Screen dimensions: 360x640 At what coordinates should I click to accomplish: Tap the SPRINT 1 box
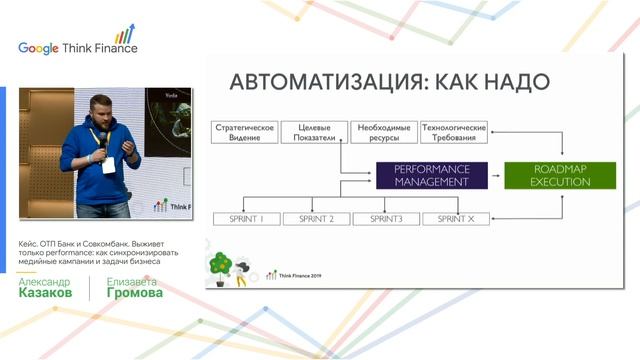[246, 218]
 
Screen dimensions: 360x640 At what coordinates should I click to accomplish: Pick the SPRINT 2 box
[316, 218]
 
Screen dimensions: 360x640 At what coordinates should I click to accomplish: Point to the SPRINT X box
[455, 218]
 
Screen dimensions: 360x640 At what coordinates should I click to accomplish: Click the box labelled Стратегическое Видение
[244, 132]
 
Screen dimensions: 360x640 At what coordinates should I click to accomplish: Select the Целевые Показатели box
[314, 132]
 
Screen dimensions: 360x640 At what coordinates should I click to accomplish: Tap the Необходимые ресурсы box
[384, 132]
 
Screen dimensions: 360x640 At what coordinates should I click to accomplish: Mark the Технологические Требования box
[454, 132]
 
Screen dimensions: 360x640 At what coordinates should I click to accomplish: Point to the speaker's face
[101, 112]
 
